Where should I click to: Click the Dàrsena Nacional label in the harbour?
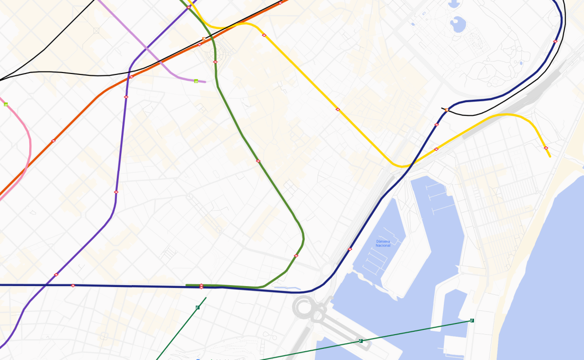(x=383, y=243)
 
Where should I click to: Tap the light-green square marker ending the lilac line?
(x=196, y=81)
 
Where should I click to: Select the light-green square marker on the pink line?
(x=6, y=105)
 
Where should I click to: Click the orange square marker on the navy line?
(x=446, y=110)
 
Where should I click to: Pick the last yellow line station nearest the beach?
(x=546, y=147)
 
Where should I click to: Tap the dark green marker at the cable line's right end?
(x=472, y=320)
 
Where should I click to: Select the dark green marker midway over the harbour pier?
(x=360, y=341)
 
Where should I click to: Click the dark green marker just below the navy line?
(x=197, y=307)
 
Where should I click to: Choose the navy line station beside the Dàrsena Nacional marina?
(x=349, y=250)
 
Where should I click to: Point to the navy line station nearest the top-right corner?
(x=555, y=41)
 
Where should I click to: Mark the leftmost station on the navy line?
(x=73, y=286)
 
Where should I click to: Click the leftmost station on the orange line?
(x=53, y=141)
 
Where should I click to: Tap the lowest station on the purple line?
(x=56, y=275)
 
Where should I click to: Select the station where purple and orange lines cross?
(x=131, y=77)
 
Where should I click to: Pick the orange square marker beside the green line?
(x=203, y=39)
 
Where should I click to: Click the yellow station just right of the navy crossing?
(x=436, y=149)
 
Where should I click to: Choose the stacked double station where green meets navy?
(x=201, y=286)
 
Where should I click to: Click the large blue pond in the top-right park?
(x=458, y=23)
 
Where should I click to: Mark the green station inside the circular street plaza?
(x=215, y=62)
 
